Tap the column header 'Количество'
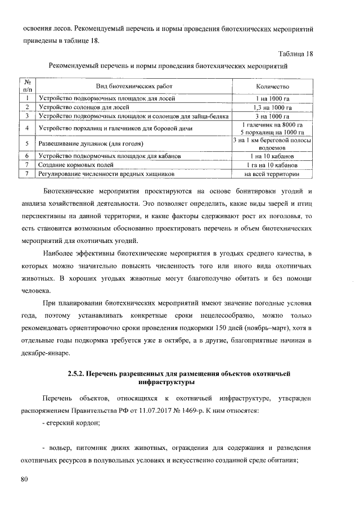[x=272, y=87]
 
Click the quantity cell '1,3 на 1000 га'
[x=272, y=107]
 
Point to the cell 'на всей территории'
[x=272, y=174]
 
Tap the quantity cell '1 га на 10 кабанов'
[x=272, y=165]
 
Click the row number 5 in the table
[x=27, y=144]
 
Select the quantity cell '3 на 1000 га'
[x=272, y=116]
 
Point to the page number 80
[x=24, y=479]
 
